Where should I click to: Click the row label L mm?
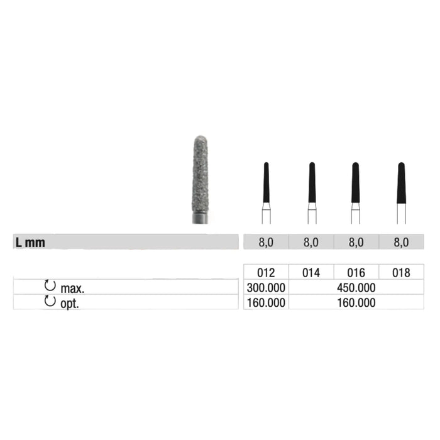tap(30, 243)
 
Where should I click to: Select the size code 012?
tap(266, 273)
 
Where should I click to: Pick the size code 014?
tap(311, 273)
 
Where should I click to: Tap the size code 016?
tap(356, 273)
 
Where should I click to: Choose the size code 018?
tap(401, 273)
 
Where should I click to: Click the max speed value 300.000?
tap(266, 288)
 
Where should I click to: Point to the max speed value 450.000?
tap(356, 288)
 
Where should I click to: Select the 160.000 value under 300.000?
tap(266, 303)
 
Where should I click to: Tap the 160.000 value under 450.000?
tap(356, 303)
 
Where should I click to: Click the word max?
tap(72, 289)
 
